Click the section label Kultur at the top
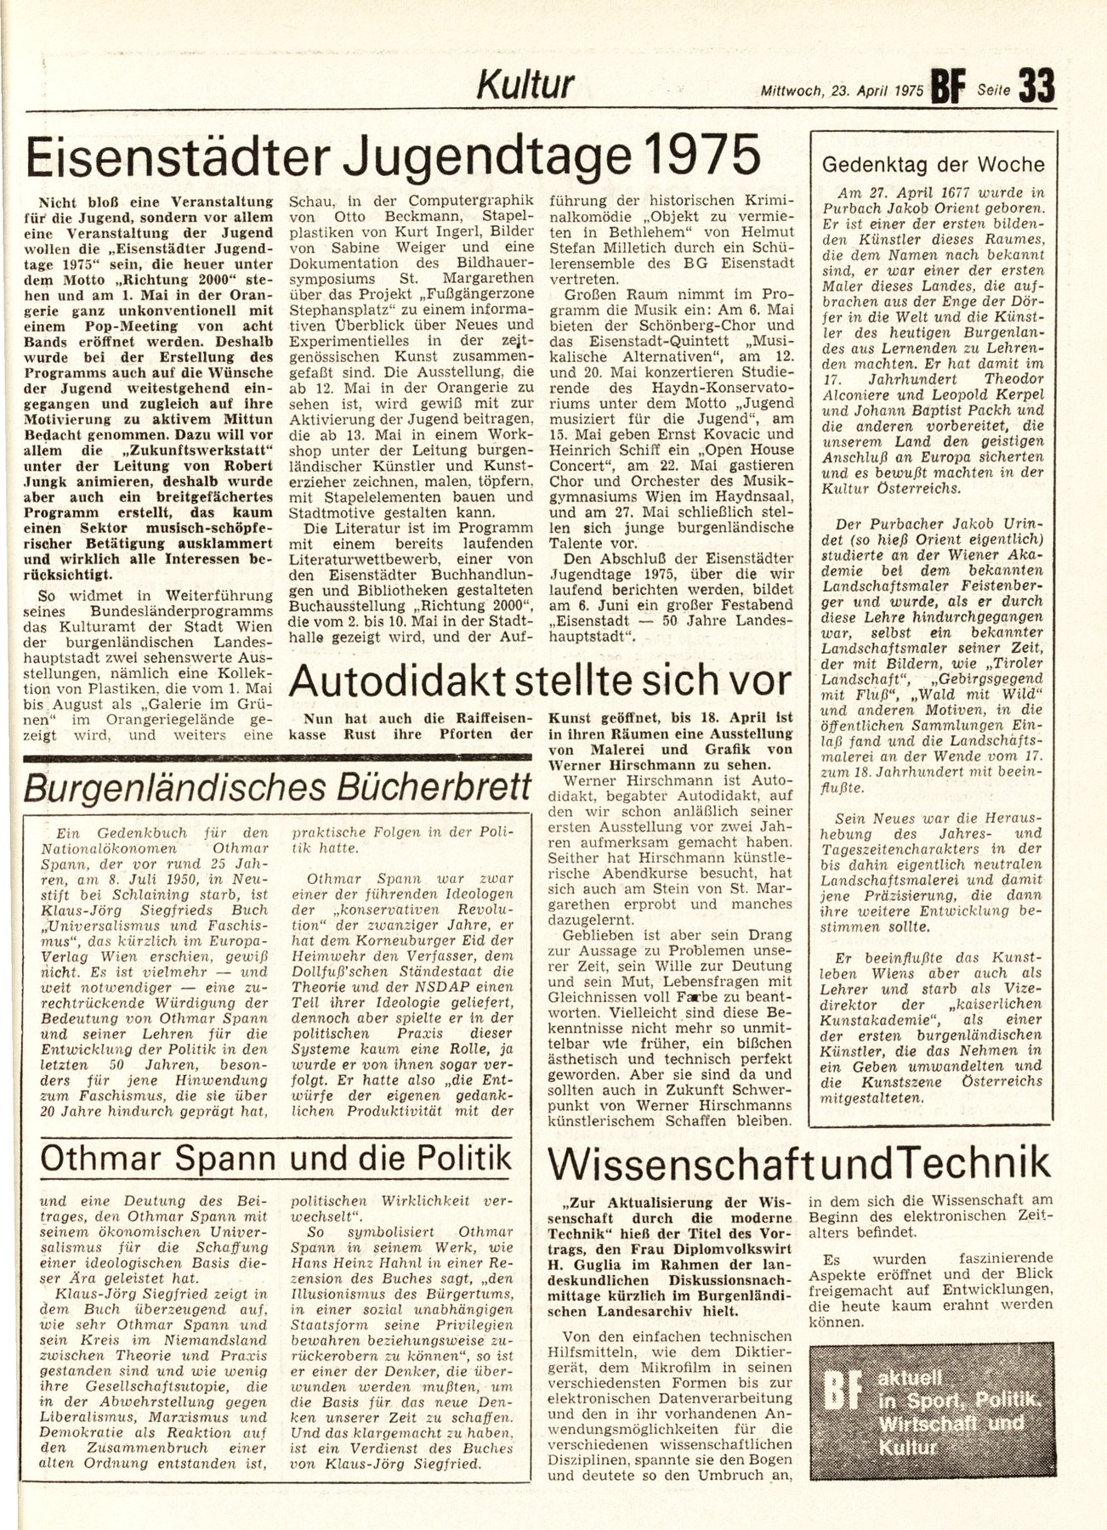[526, 85]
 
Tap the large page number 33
[1036, 86]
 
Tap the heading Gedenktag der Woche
[933, 165]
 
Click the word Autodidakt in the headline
[411, 679]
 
